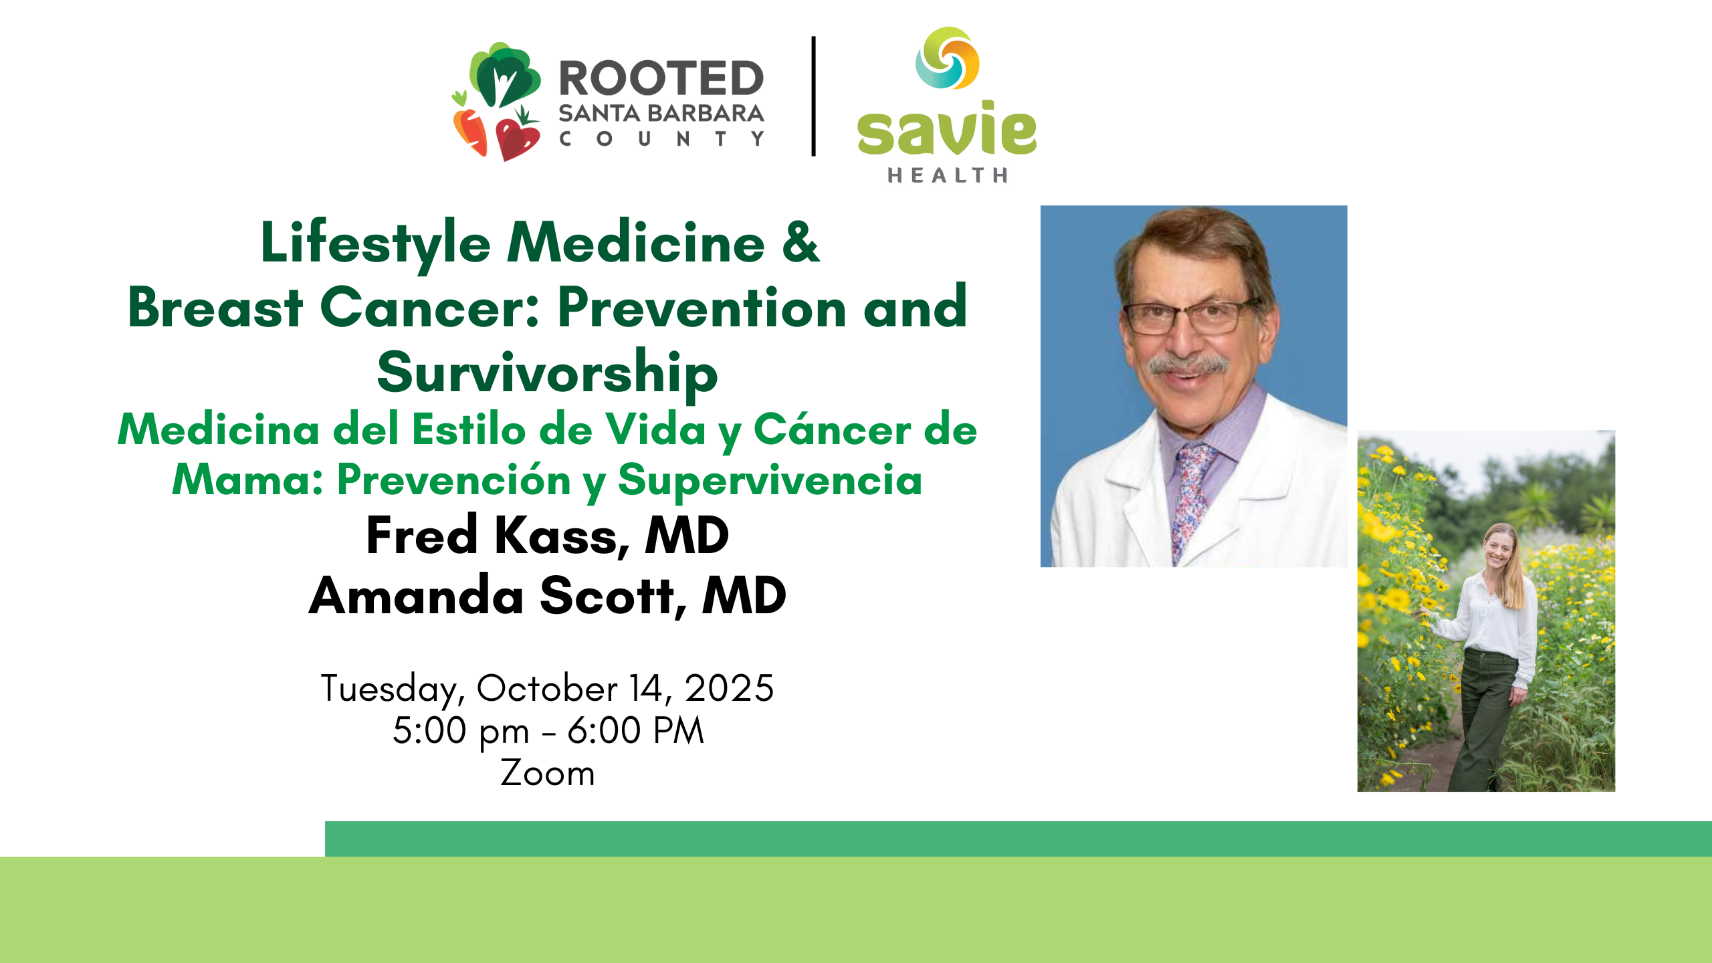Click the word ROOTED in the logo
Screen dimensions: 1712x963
click(661, 78)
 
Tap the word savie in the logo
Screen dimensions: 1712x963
click(947, 128)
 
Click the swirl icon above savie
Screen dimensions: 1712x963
click(948, 58)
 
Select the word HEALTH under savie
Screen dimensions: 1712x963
click(948, 175)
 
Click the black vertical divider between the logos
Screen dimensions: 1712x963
click(814, 96)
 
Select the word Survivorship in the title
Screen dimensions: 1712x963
click(548, 374)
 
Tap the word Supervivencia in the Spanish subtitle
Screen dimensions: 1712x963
click(770, 481)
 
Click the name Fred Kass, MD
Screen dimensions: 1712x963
click(548, 536)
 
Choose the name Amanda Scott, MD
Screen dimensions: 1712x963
click(548, 595)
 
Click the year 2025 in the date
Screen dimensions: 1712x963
click(730, 688)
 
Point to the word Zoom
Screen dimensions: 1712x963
click(548, 774)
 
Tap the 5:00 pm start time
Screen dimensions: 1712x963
click(461, 731)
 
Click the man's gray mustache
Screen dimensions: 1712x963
click(1188, 365)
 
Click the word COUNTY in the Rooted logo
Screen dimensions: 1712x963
click(661, 139)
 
